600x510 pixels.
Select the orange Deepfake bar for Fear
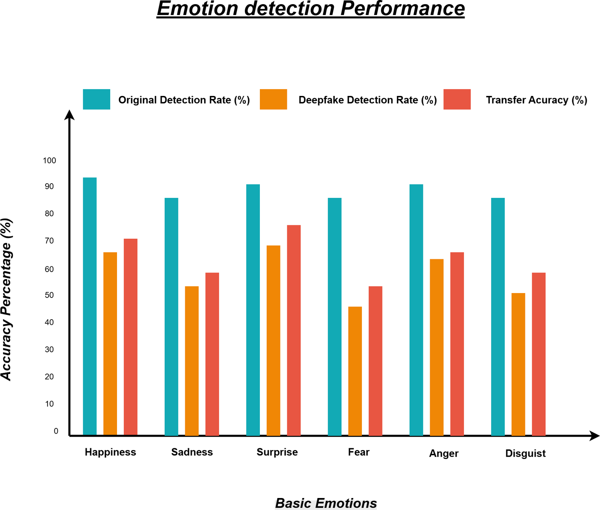click(355, 371)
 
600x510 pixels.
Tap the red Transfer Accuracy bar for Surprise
click(294, 330)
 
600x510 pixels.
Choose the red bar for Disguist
click(538, 354)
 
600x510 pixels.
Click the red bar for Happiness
click(130, 337)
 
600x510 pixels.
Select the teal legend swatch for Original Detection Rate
click(96, 99)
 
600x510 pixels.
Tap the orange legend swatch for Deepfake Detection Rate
click(273, 99)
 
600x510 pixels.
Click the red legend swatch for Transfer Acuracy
click(457, 99)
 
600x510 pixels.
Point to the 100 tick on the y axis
click(49, 160)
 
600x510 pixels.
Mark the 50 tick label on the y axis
click(49, 295)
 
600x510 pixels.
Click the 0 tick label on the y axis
click(56, 431)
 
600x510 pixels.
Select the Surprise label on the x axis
click(277, 452)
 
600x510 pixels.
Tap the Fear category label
click(358, 452)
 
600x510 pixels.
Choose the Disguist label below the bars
click(525, 453)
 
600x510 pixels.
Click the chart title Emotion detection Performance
click(310, 9)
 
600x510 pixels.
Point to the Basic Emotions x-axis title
click(326, 503)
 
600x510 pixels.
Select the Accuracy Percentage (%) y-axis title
click(6, 299)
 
